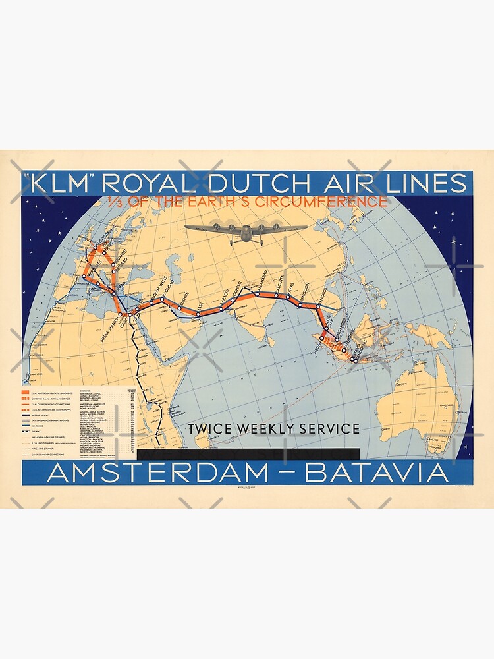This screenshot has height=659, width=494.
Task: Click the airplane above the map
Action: tap(246, 231)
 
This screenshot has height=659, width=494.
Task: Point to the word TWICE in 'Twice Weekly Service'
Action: tap(211, 428)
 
